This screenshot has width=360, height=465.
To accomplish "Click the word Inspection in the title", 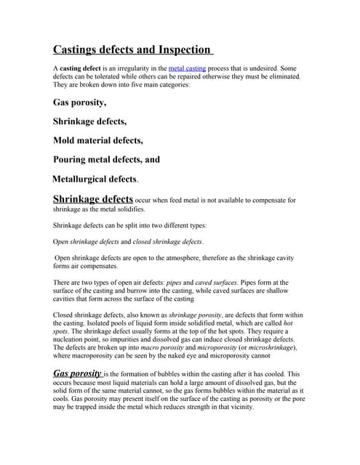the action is pos(181,50).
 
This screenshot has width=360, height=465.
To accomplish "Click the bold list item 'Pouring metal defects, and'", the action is pos(106,159).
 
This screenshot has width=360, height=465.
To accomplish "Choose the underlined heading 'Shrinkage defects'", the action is pos(93,198).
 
